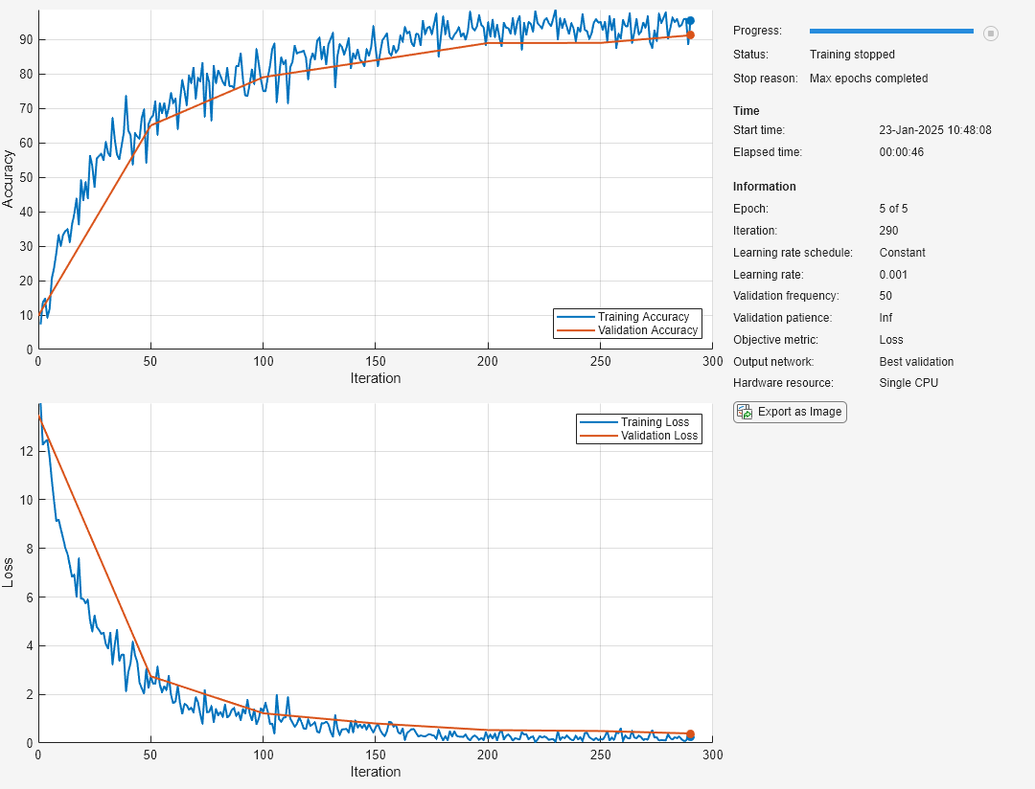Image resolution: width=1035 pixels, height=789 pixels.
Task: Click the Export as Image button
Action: pyautogui.click(x=790, y=412)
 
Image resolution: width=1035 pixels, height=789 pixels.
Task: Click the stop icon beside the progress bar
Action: pyautogui.click(x=990, y=33)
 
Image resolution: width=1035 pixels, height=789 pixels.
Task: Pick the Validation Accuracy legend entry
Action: pyautogui.click(x=627, y=329)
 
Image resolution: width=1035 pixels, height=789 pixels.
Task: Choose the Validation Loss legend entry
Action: pyautogui.click(x=638, y=436)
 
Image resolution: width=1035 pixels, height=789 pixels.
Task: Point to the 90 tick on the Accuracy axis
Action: pyautogui.click(x=27, y=39)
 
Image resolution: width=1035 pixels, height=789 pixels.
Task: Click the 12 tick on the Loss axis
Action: pyautogui.click(x=27, y=451)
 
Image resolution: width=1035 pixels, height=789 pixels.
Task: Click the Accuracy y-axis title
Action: pyautogui.click(x=8, y=179)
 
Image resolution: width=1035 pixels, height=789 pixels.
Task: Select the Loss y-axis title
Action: pyautogui.click(x=8, y=573)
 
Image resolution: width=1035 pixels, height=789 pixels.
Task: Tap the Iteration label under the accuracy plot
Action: pyautogui.click(x=376, y=378)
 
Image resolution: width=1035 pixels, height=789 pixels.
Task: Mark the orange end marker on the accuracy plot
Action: pyautogui.click(x=690, y=35)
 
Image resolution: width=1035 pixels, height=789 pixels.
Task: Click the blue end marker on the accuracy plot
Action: pyautogui.click(x=690, y=20)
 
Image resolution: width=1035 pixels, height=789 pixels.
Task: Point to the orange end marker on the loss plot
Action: pyautogui.click(x=690, y=734)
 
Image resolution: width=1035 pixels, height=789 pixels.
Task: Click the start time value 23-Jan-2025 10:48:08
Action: pyautogui.click(x=934, y=130)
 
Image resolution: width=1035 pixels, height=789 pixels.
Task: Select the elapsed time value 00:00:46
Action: pyautogui.click(x=901, y=151)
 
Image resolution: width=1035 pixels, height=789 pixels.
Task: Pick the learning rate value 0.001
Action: pyautogui.click(x=893, y=275)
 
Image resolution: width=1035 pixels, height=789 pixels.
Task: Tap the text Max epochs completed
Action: pyautogui.click(x=868, y=79)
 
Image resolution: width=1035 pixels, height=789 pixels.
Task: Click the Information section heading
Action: pyautogui.click(x=765, y=186)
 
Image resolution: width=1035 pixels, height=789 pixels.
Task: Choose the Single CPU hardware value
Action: pyautogui.click(x=908, y=383)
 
